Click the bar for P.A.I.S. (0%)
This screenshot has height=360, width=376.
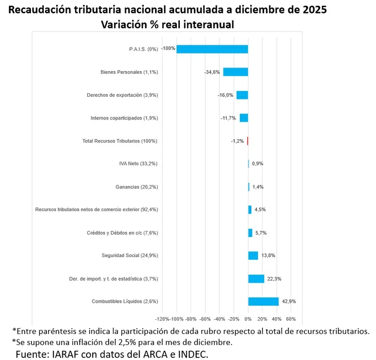click(x=212, y=49)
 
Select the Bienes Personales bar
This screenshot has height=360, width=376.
click(x=235, y=72)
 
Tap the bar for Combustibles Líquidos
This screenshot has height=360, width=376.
click(x=263, y=301)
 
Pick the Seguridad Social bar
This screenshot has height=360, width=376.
click(x=253, y=255)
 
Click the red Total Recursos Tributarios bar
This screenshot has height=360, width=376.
click(x=248, y=141)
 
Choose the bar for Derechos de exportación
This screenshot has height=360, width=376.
click(x=242, y=95)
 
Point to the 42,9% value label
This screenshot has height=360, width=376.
click(x=289, y=301)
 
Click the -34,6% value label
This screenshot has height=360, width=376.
click(x=212, y=72)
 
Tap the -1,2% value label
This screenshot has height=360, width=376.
click(x=237, y=141)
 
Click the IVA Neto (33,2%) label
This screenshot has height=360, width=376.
click(x=138, y=164)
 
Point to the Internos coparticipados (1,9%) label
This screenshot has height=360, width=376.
click(x=124, y=118)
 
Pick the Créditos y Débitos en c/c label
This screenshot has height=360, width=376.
click(x=122, y=233)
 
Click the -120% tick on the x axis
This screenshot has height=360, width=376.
click(x=162, y=319)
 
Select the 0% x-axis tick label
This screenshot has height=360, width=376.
click(x=248, y=319)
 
